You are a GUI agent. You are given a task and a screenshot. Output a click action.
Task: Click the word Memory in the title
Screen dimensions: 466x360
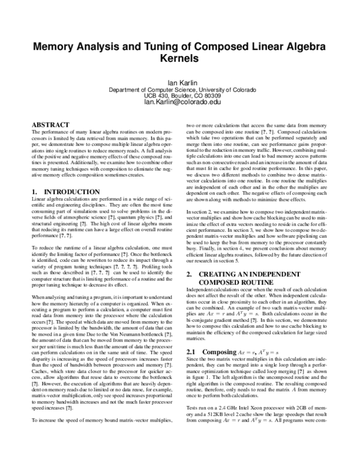[x=55, y=46]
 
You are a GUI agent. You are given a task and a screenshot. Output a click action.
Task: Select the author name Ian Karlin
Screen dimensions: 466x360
[x=180, y=82]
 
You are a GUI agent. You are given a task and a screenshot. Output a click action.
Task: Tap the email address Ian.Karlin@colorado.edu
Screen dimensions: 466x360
[x=180, y=102]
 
